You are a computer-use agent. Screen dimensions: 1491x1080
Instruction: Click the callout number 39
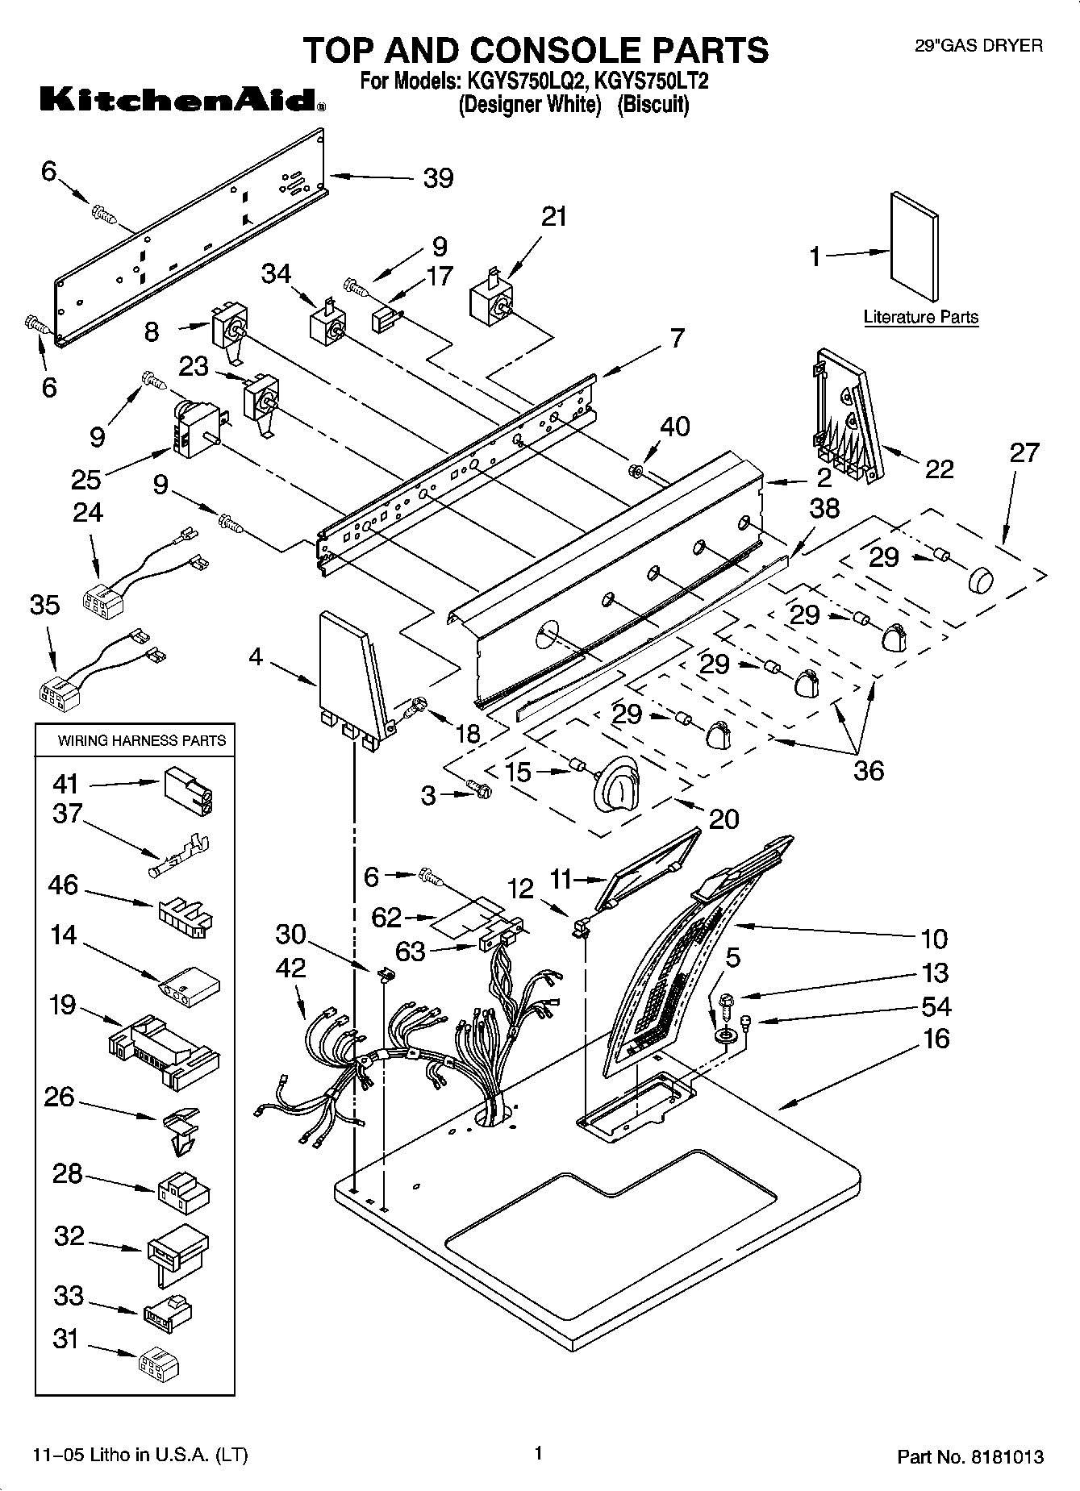(438, 178)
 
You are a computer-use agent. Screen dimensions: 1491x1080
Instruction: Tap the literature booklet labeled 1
(915, 249)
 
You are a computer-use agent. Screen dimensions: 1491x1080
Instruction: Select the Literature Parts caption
(920, 317)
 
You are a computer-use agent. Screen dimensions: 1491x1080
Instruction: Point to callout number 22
(939, 469)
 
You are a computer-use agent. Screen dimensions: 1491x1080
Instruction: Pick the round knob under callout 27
(979, 580)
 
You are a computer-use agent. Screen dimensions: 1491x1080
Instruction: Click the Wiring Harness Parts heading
(141, 740)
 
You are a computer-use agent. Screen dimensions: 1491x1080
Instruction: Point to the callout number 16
(935, 1039)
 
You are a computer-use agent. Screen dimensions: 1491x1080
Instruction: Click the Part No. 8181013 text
(970, 1457)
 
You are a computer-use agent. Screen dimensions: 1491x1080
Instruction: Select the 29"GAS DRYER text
(978, 46)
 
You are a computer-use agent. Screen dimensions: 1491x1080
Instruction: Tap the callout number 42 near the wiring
(290, 968)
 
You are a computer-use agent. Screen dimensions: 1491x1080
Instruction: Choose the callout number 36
(868, 770)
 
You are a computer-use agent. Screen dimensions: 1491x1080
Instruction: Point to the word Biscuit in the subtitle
(653, 105)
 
